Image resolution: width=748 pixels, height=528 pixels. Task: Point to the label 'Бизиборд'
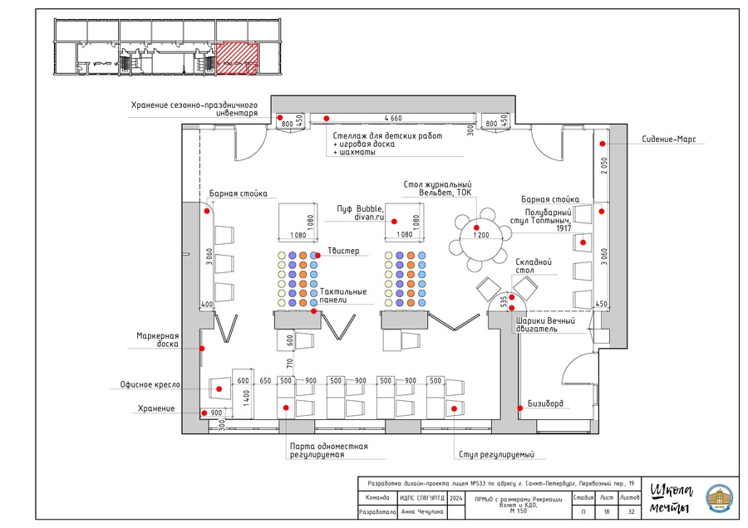click(544, 404)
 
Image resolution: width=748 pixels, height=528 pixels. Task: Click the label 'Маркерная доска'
click(158, 340)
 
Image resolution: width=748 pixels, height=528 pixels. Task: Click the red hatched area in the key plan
click(237, 59)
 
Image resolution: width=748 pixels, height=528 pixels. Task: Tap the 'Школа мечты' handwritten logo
click(670, 497)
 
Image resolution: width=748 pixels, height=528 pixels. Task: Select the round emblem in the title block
click(719, 498)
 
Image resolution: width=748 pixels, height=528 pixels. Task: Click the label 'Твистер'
click(343, 251)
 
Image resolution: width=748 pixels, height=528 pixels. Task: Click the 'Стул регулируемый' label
click(495, 455)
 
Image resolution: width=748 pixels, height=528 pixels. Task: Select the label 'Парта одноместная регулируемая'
click(327, 451)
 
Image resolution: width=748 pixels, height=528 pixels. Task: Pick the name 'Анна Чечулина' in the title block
click(422, 512)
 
